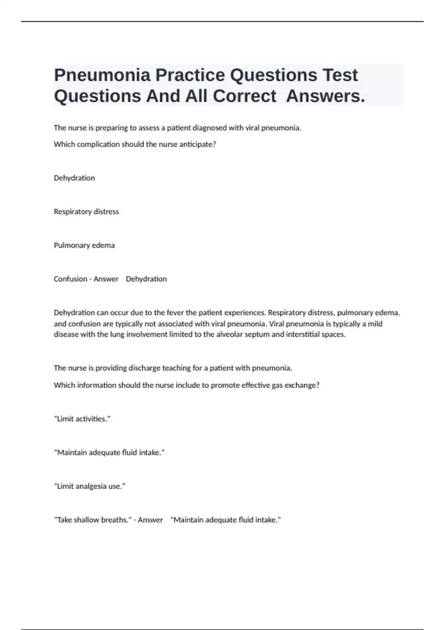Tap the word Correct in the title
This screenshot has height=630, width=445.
tap(244, 96)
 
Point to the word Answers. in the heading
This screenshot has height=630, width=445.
tap(326, 96)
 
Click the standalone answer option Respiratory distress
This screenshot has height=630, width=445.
tap(86, 212)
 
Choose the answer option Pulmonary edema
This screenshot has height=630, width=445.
tap(84, 245)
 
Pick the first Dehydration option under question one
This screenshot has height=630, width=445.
tap(74, 178)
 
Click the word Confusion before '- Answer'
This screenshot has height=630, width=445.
tap(70, 279)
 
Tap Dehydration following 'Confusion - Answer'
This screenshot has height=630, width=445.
tap(146, 279)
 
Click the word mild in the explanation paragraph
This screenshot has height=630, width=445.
tap(375, 324)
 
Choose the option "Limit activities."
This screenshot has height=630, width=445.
tap(82, 419)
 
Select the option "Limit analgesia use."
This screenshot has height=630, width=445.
tap(90, 486)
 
